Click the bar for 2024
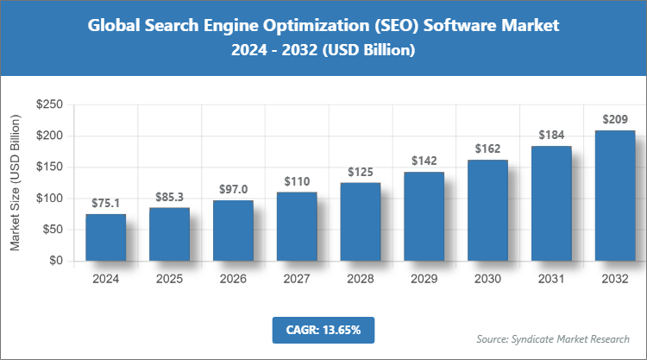[x=105, y=237]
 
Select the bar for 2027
[x=297, y=226]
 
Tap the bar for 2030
[x=488, y=210]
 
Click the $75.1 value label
[x=105, y=203]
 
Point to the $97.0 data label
[x=233, y=189]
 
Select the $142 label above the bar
[x=424, y=161]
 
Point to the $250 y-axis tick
[x=49, y=104]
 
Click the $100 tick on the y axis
[x=49, y=199]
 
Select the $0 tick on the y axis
[x=56, y=261]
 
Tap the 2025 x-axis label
[x=169, y=279]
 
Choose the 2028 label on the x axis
[x=361, y=279]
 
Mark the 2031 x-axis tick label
[x=551, y=279]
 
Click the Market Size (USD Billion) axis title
[x=15, y=182]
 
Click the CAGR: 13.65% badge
[x=323, y=329]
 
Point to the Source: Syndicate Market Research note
[x=553, y=338]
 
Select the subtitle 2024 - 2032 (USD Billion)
[x=323, y=51]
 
